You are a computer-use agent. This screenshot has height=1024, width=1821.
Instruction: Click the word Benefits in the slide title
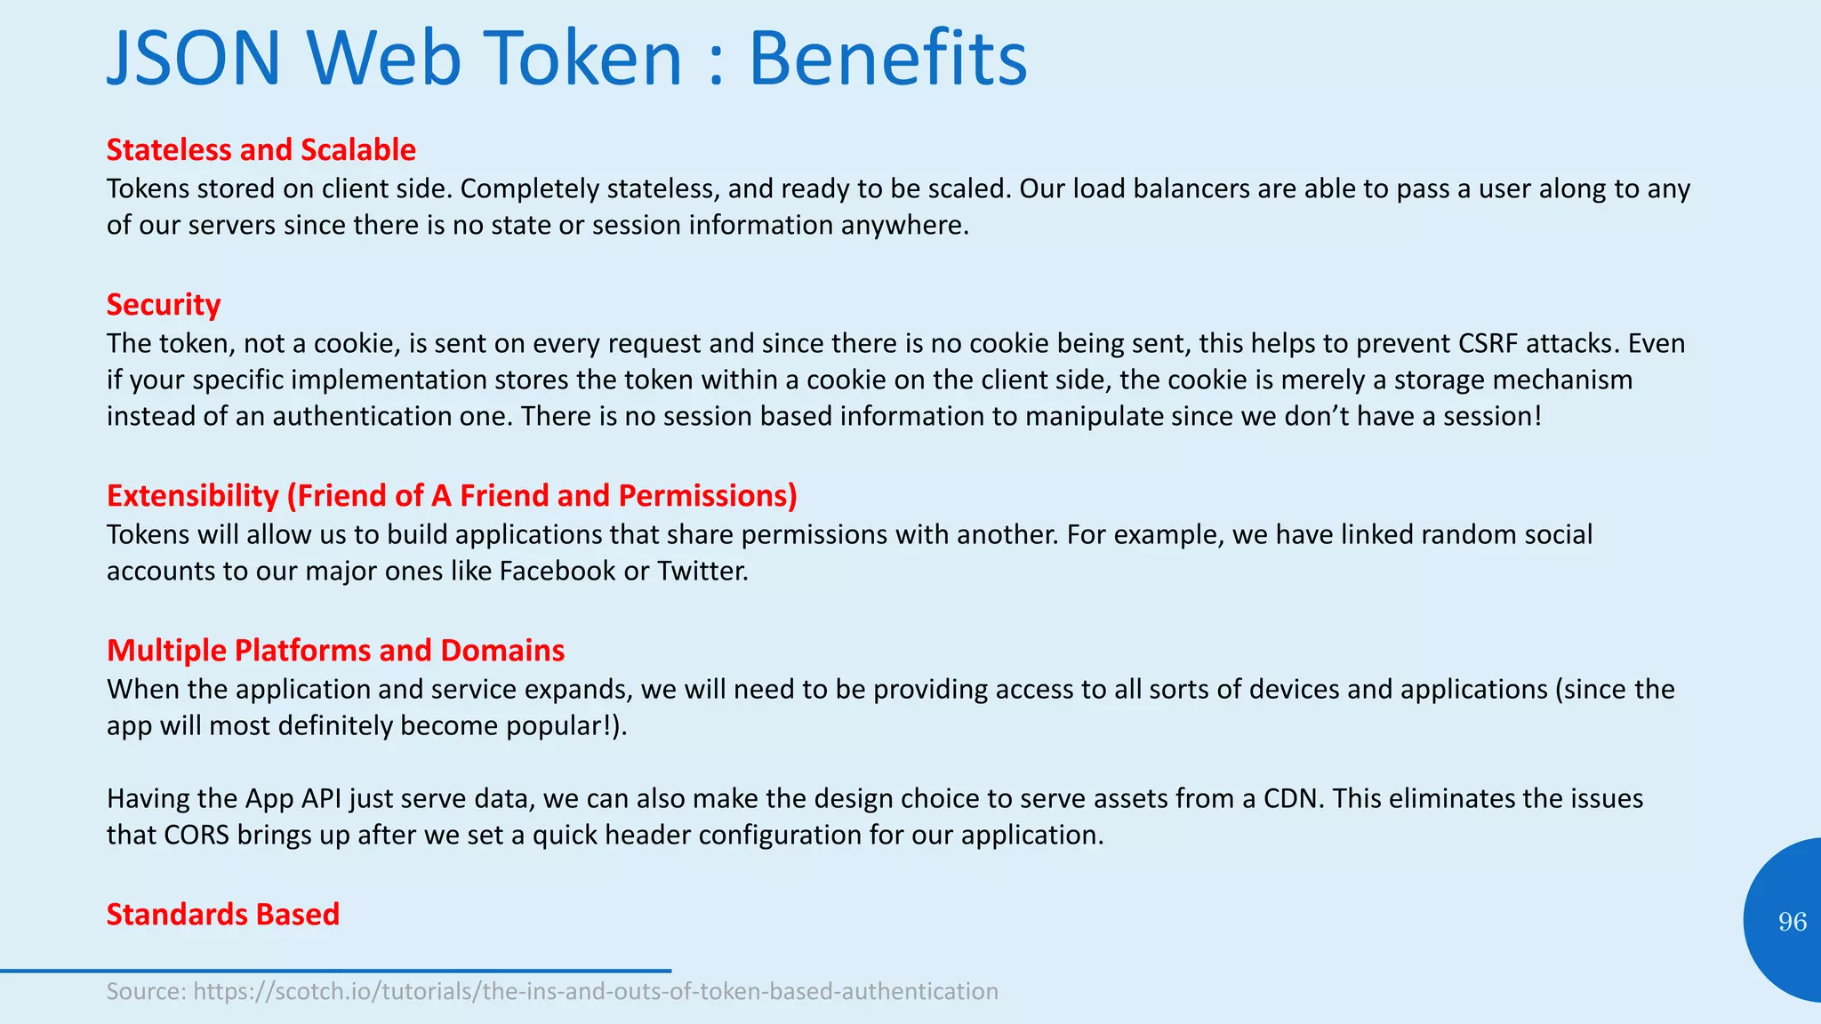[887, 59]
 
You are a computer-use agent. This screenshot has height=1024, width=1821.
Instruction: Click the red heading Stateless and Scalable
[261, 149]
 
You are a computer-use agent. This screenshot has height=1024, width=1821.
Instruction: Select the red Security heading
[164, 304]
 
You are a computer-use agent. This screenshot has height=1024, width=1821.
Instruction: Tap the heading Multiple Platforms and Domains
[335, 650]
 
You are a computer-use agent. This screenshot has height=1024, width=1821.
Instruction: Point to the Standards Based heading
[223, 914]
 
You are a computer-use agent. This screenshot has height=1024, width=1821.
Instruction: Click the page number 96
[1792, 922]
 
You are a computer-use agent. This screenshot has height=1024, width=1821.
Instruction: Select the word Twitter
[702, 571]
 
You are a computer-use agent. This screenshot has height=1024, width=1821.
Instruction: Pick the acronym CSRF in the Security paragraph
[1496, 343]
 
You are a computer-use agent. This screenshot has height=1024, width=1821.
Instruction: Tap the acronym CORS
[197, 835]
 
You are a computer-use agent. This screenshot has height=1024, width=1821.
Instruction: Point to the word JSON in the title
[194, 59]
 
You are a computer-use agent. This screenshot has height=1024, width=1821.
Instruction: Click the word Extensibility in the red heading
[192, 495]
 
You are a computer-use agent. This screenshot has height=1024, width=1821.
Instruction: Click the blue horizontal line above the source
[335, 971]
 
